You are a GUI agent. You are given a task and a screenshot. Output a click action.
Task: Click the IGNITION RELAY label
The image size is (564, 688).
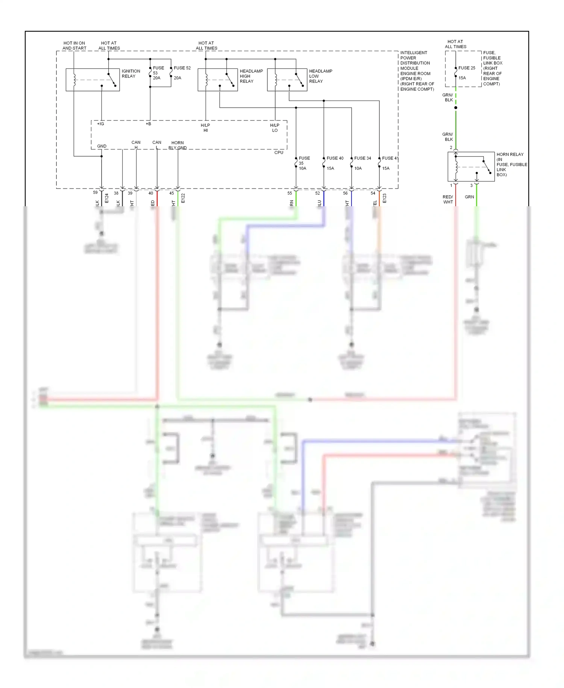(x=131, y=73)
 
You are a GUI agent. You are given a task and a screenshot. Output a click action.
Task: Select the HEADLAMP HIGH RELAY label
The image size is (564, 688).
(x=251, y=76)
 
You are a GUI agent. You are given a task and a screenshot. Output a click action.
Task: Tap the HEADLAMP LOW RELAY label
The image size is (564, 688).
(x=320, y=76)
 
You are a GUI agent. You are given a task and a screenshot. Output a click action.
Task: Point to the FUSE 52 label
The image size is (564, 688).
(x=182, y=68)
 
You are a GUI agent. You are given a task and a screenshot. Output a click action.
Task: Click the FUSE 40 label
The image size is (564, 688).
(x=335, y=158)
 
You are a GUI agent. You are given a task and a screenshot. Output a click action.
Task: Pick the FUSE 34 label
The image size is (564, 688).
(x=362, y=158)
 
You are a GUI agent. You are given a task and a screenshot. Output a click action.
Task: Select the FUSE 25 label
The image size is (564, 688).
(x=467, y=68)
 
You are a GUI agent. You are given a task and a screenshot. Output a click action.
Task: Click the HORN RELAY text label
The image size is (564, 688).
(x=510, y=154)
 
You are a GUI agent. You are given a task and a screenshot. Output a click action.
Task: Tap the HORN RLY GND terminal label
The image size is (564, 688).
(x=177, y=145)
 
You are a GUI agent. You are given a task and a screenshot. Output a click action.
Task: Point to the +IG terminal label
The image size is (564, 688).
(x=100, y=124)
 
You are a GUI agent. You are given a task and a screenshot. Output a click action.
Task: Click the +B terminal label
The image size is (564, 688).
(x=149, y=124)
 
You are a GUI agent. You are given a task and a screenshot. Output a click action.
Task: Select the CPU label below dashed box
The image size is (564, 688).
(x=279, y=152)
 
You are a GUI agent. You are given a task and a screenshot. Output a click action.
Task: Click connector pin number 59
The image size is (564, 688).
(x=95, y=192)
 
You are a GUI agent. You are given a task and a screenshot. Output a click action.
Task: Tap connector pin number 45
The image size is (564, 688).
(x=171, y=193)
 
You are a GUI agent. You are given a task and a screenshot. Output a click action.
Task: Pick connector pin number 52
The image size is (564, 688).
(x=317, y=193)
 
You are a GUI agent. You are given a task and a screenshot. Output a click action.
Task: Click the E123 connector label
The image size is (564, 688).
(x=384, y=198)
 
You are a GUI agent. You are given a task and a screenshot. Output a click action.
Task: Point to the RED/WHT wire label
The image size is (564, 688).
(x=448, y=199)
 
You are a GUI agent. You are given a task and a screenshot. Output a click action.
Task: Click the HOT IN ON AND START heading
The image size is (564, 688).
(x=74, y=46)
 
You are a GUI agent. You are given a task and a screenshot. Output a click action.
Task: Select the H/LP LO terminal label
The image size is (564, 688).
(x=274, y=128)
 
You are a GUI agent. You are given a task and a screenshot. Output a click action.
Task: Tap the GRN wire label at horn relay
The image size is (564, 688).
(x=469, y=197)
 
